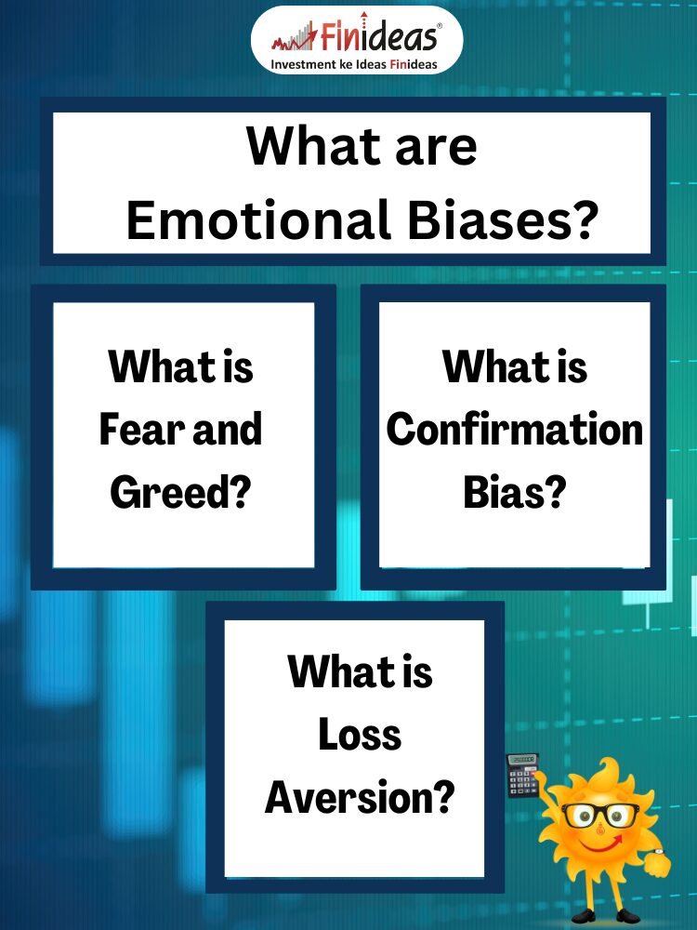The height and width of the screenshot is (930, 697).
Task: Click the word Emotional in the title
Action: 257,219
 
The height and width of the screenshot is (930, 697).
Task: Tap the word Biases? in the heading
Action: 503,219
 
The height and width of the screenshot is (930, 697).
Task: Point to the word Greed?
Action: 181,492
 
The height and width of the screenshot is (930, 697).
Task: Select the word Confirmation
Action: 515,429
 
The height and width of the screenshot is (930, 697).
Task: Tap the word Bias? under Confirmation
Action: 515,492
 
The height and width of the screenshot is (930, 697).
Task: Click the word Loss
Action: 360,735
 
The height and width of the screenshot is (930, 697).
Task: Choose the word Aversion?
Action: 360,798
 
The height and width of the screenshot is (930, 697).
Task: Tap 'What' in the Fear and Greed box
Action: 161,366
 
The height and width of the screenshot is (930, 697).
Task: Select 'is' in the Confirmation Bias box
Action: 572,366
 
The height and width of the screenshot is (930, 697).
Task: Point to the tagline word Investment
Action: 304,64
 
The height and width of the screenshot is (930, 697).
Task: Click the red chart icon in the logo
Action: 295,37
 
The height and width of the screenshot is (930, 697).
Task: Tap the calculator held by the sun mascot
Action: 522,775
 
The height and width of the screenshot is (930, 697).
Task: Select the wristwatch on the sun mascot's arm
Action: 659,852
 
